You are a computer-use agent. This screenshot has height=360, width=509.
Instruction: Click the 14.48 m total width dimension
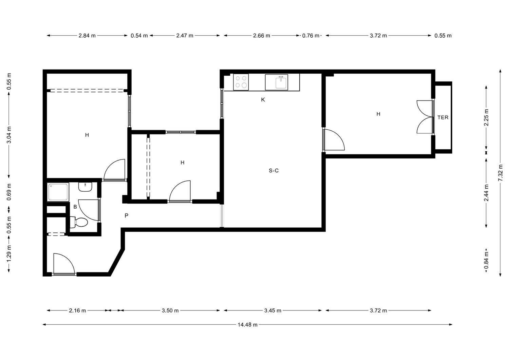247,325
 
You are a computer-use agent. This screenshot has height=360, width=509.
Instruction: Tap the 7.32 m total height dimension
500,173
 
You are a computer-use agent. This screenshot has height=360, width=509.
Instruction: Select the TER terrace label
443,117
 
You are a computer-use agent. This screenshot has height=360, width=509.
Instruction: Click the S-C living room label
274,170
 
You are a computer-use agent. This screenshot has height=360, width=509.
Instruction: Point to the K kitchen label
263,99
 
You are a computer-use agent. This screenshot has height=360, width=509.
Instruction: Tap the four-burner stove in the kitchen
241,82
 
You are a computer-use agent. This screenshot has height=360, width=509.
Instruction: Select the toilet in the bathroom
79,222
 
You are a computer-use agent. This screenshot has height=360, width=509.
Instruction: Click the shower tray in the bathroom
58,192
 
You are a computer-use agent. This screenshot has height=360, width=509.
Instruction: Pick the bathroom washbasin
85,187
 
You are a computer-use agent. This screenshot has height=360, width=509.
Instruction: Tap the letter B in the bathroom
75,207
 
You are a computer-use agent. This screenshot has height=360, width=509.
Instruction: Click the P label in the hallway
127,215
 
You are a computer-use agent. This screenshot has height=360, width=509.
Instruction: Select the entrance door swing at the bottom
64,264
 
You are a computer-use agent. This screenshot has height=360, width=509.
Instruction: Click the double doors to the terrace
425,117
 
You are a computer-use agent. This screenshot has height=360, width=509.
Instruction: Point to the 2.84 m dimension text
87,35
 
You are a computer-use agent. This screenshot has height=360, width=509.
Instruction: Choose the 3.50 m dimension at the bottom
170,310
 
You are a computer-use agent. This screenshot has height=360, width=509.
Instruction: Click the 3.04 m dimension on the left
9,135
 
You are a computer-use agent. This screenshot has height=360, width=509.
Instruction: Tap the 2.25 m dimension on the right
486,117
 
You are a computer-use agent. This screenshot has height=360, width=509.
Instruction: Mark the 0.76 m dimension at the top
310,36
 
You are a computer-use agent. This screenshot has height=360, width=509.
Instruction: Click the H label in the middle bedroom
183,163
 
